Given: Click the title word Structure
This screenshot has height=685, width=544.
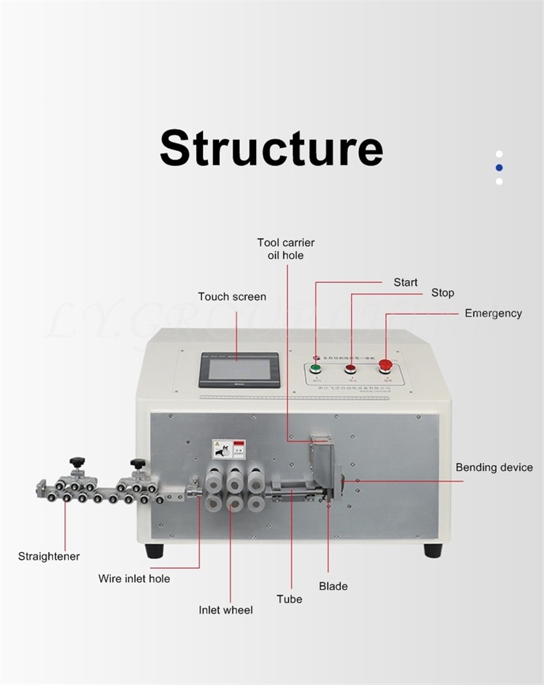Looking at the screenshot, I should [x=271, y=148].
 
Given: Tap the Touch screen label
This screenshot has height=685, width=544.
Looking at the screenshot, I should [x=232, y=296].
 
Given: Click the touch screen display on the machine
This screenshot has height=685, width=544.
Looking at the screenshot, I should [x=239, y=369].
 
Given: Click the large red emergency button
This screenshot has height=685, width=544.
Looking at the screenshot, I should [x=385, y=366].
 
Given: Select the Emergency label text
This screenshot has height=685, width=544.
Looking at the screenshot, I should [x=493, y=313].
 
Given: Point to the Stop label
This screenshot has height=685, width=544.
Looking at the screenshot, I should [x=442, y=292].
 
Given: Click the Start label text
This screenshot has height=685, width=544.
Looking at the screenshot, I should [x=405, y=282].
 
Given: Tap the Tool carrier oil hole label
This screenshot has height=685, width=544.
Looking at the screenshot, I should [x=286, y=249].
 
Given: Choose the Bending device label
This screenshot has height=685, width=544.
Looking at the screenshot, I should [x=494, y=467].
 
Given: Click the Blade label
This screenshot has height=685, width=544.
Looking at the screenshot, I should [x=333, y=586].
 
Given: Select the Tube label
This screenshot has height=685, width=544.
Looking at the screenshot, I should [x=289, y=599].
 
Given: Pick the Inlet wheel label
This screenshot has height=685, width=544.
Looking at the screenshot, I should [x=226, y=610].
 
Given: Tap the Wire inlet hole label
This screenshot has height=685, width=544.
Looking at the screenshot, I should [x=134, y=578].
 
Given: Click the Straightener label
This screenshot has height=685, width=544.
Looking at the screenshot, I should [x=49, y=557].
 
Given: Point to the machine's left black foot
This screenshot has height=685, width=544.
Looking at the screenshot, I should [x=154, y=551].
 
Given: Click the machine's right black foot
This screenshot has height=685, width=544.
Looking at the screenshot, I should [x=433, y=550].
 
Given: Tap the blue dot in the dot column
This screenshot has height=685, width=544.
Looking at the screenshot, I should [x=499, y=168].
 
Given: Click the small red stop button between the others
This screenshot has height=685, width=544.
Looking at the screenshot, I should [x=351, y=369].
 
